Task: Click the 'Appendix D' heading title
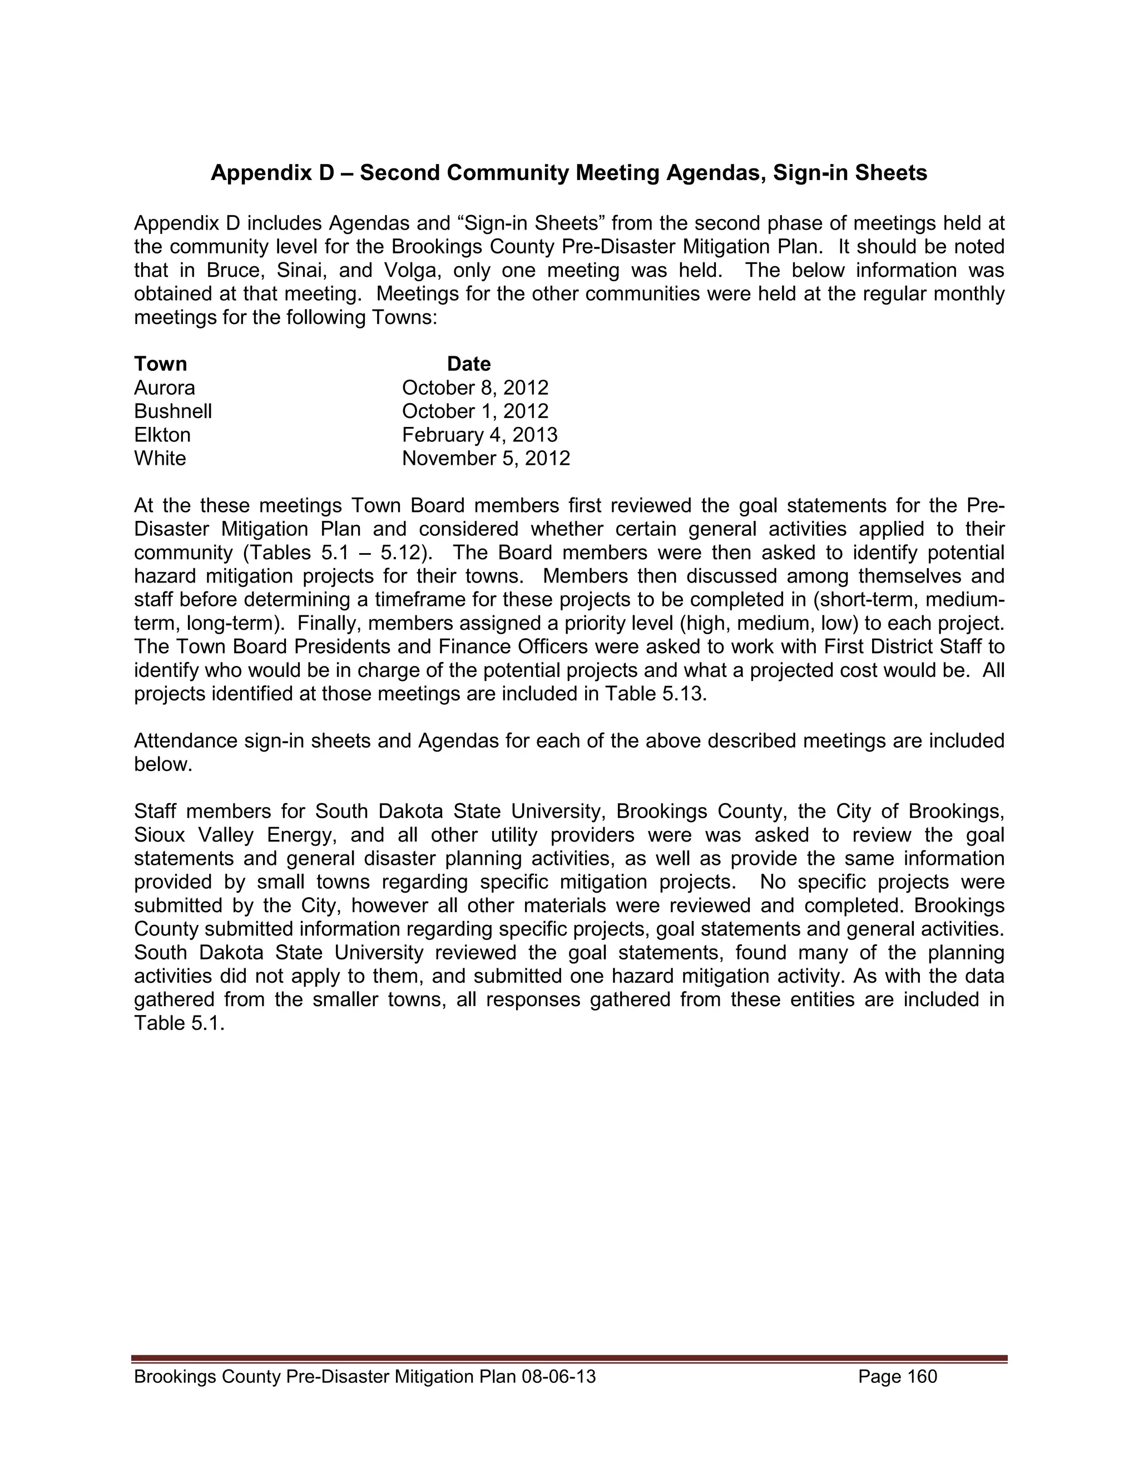(x=569, y=173)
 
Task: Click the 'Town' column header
(x=160, y=364)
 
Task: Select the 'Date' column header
(x=468, y=364)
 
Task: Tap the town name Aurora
(x=164, y=388)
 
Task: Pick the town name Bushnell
(x=173, y=411)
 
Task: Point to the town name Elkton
(x=162, y=435)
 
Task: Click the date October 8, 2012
(x=475, y=388)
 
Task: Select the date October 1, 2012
(x=475, y=411)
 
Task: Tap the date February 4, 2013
(x=479, y=435)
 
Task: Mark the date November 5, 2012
(x=486, y=459)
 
